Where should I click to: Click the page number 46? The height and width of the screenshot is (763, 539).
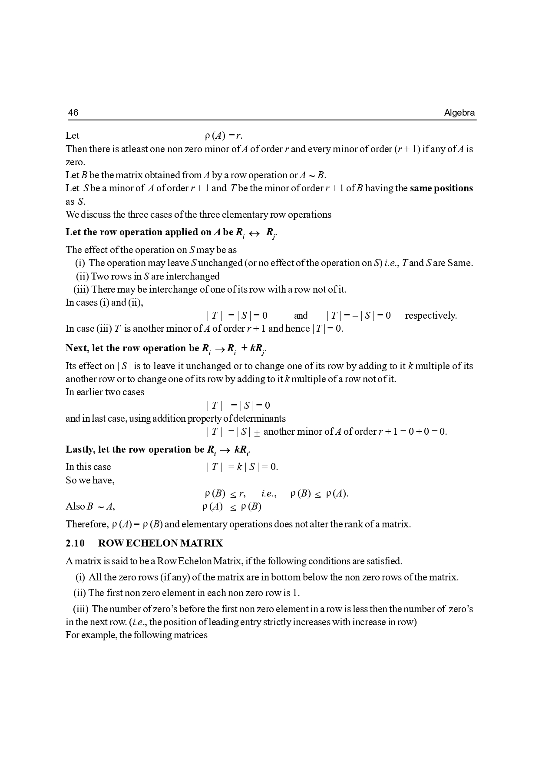73,113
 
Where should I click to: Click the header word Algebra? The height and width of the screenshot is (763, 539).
459,113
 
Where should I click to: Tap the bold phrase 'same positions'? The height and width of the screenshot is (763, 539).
441,188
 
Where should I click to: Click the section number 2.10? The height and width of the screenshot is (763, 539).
75,543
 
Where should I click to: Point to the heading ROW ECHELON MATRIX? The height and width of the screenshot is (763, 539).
160,543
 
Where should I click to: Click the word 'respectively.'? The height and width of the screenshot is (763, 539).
430,316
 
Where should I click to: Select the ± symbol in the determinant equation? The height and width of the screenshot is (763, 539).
257,433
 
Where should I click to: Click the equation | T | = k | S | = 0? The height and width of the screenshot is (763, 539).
242,467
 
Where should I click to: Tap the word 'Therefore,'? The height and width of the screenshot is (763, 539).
87,524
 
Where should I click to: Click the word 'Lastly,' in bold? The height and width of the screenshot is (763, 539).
80,450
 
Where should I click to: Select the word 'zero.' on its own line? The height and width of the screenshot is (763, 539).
75,162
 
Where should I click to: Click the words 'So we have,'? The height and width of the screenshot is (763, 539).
90,480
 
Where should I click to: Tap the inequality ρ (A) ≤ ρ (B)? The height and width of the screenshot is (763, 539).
231,506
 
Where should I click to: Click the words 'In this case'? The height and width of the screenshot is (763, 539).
88,467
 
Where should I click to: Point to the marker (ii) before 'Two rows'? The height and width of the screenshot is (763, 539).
82,277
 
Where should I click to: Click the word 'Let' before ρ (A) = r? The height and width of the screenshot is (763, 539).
73,136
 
